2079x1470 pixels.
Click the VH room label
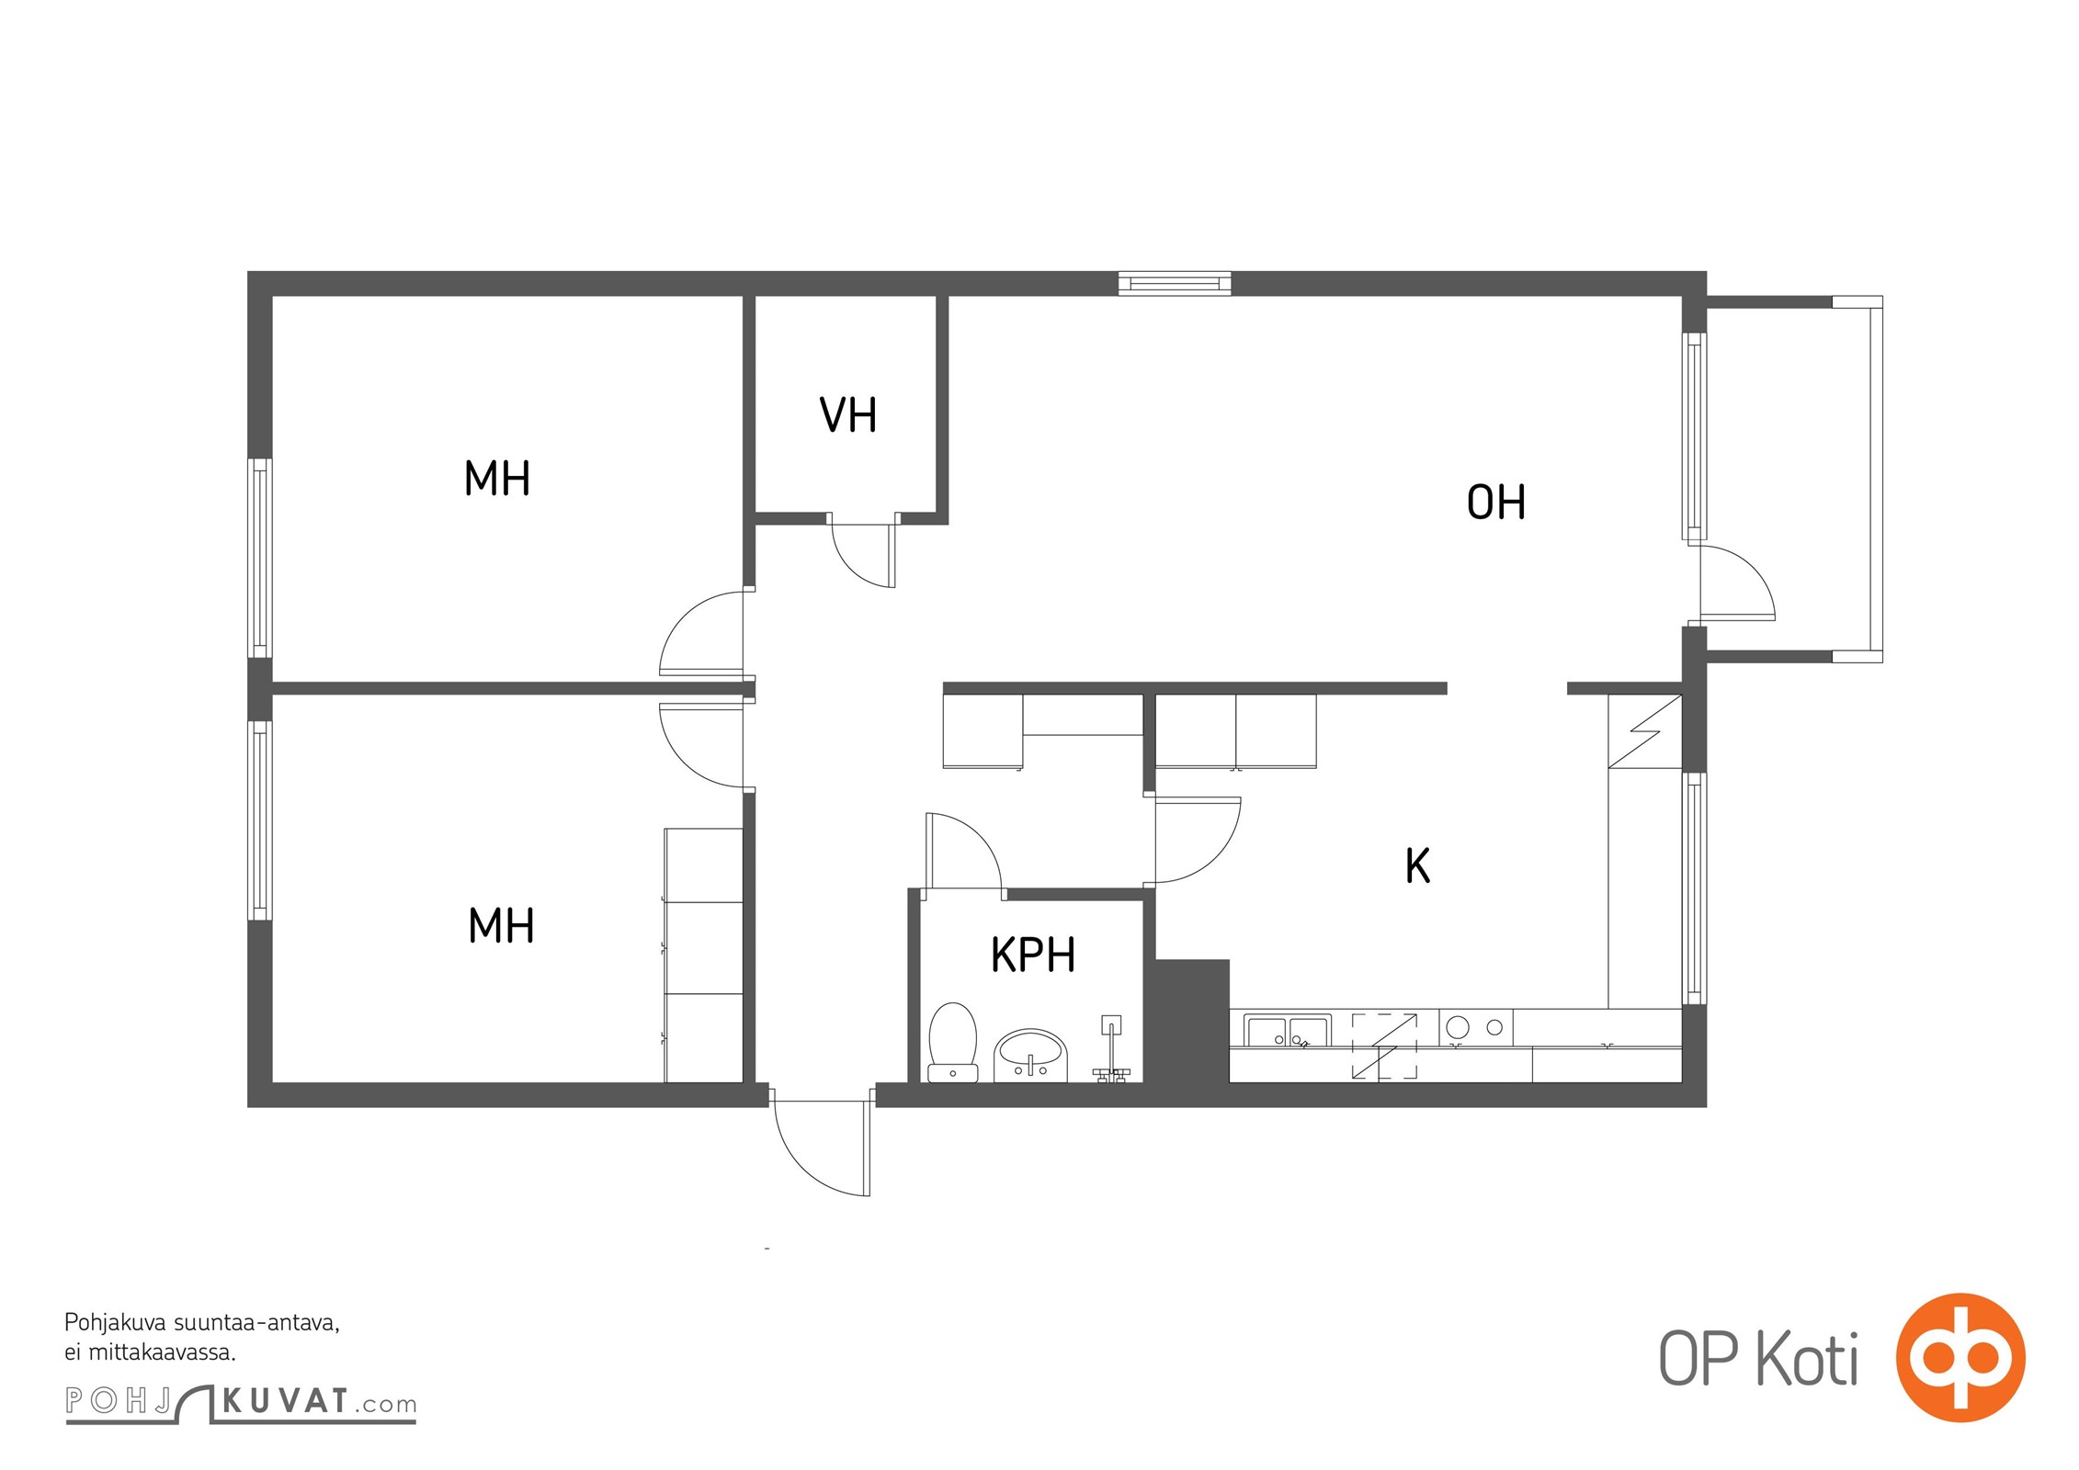(847, 414)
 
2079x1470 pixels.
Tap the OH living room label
(1495, 503)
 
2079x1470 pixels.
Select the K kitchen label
(1417, 865)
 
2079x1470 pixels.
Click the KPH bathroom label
(1032, 955)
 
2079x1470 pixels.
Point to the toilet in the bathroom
(952, 1042)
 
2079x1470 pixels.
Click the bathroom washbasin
(1030, 1055)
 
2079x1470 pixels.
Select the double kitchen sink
(1287, 1030)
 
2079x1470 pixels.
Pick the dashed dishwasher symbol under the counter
(1383, 1046)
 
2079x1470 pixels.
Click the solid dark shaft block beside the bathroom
(1192, 1021)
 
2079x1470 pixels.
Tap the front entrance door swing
(821, 1141)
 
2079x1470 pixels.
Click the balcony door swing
(1737, 582)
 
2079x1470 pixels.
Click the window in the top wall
(1175, 283)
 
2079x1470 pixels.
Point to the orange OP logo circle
(1960, 1358)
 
